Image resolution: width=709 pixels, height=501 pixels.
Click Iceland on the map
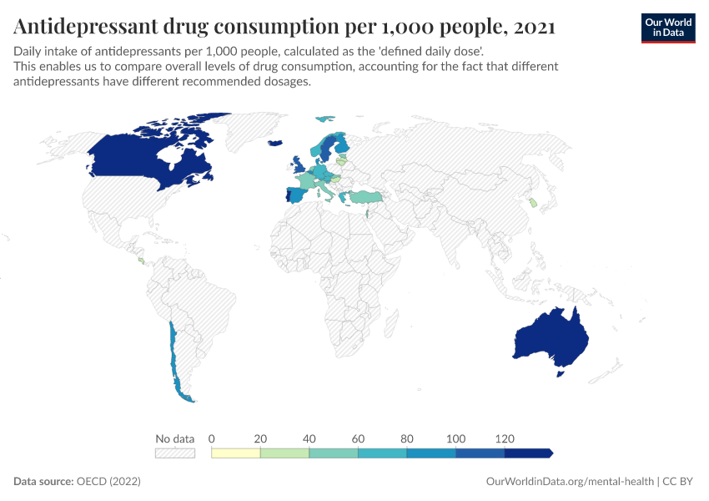[274, 144]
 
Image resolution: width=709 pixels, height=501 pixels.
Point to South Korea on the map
[532, 203]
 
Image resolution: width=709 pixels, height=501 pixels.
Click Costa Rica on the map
[141, 261]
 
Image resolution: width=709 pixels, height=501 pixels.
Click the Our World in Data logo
[667, 28]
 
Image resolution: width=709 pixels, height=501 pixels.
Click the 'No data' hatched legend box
[174, 453]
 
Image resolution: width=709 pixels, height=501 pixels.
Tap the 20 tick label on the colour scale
[260, 438]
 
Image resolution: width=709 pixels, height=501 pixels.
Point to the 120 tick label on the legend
[504, 438]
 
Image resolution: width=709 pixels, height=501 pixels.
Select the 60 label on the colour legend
[358, 438]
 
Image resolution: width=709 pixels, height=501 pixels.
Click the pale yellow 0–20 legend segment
[236, 453]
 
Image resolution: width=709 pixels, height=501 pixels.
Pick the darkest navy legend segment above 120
[528, 453]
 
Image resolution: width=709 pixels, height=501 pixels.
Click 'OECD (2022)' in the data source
[108, 482]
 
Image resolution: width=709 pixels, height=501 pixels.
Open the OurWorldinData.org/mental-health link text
[570, 482]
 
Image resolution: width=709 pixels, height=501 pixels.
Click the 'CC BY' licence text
[680, 482]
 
